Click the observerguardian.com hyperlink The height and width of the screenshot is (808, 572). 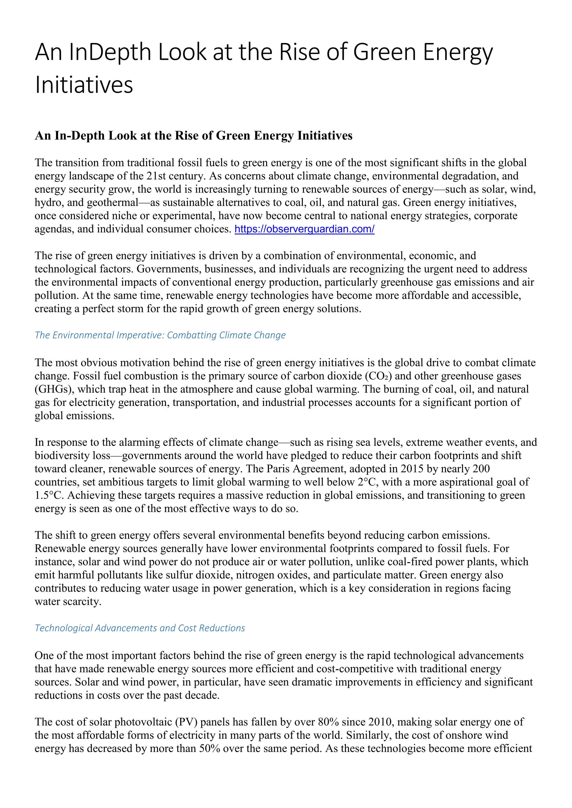point(304,229)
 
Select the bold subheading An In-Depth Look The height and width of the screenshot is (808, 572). point(193,136)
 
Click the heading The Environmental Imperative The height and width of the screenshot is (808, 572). point(160,335)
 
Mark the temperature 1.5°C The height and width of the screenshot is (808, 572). point(49,496)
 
